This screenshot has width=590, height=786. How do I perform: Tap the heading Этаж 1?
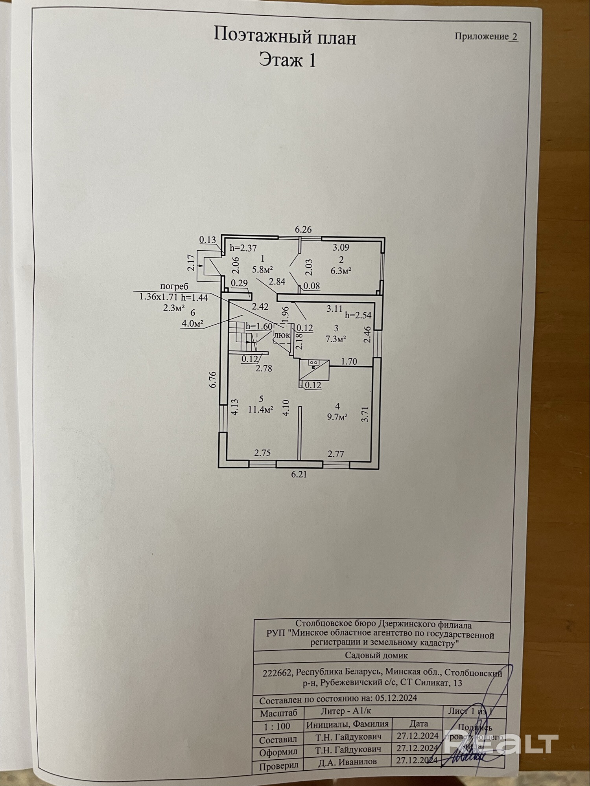click(288, 61)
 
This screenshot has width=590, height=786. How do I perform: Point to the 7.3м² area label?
click(336, 339)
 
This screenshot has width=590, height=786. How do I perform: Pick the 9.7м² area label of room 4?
click(337, 417)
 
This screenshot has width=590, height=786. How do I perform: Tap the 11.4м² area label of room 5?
click(261, 410)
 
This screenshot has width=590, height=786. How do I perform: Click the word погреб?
click(174, 286)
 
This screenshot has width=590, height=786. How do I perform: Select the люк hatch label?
click(282, 336)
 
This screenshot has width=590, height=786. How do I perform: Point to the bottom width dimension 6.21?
click(299, 474)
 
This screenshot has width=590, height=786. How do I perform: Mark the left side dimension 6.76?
click(213, 380)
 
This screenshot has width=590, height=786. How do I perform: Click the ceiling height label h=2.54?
click(358, 315)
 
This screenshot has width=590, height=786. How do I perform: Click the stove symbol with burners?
click(313, 363)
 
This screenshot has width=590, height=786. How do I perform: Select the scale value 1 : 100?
click(278, 726)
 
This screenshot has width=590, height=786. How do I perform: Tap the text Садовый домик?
click(376, 655)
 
